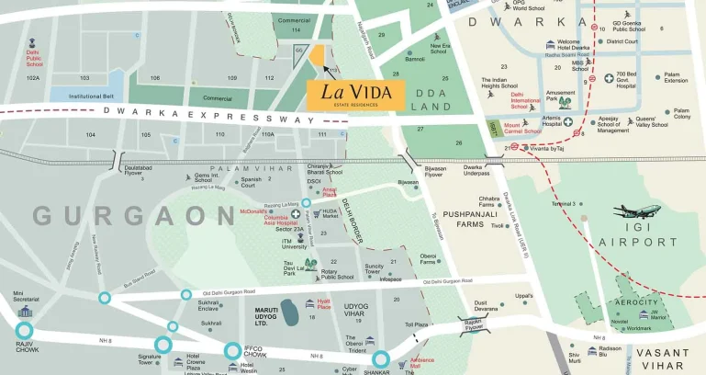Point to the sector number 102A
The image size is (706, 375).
coord(34,78)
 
